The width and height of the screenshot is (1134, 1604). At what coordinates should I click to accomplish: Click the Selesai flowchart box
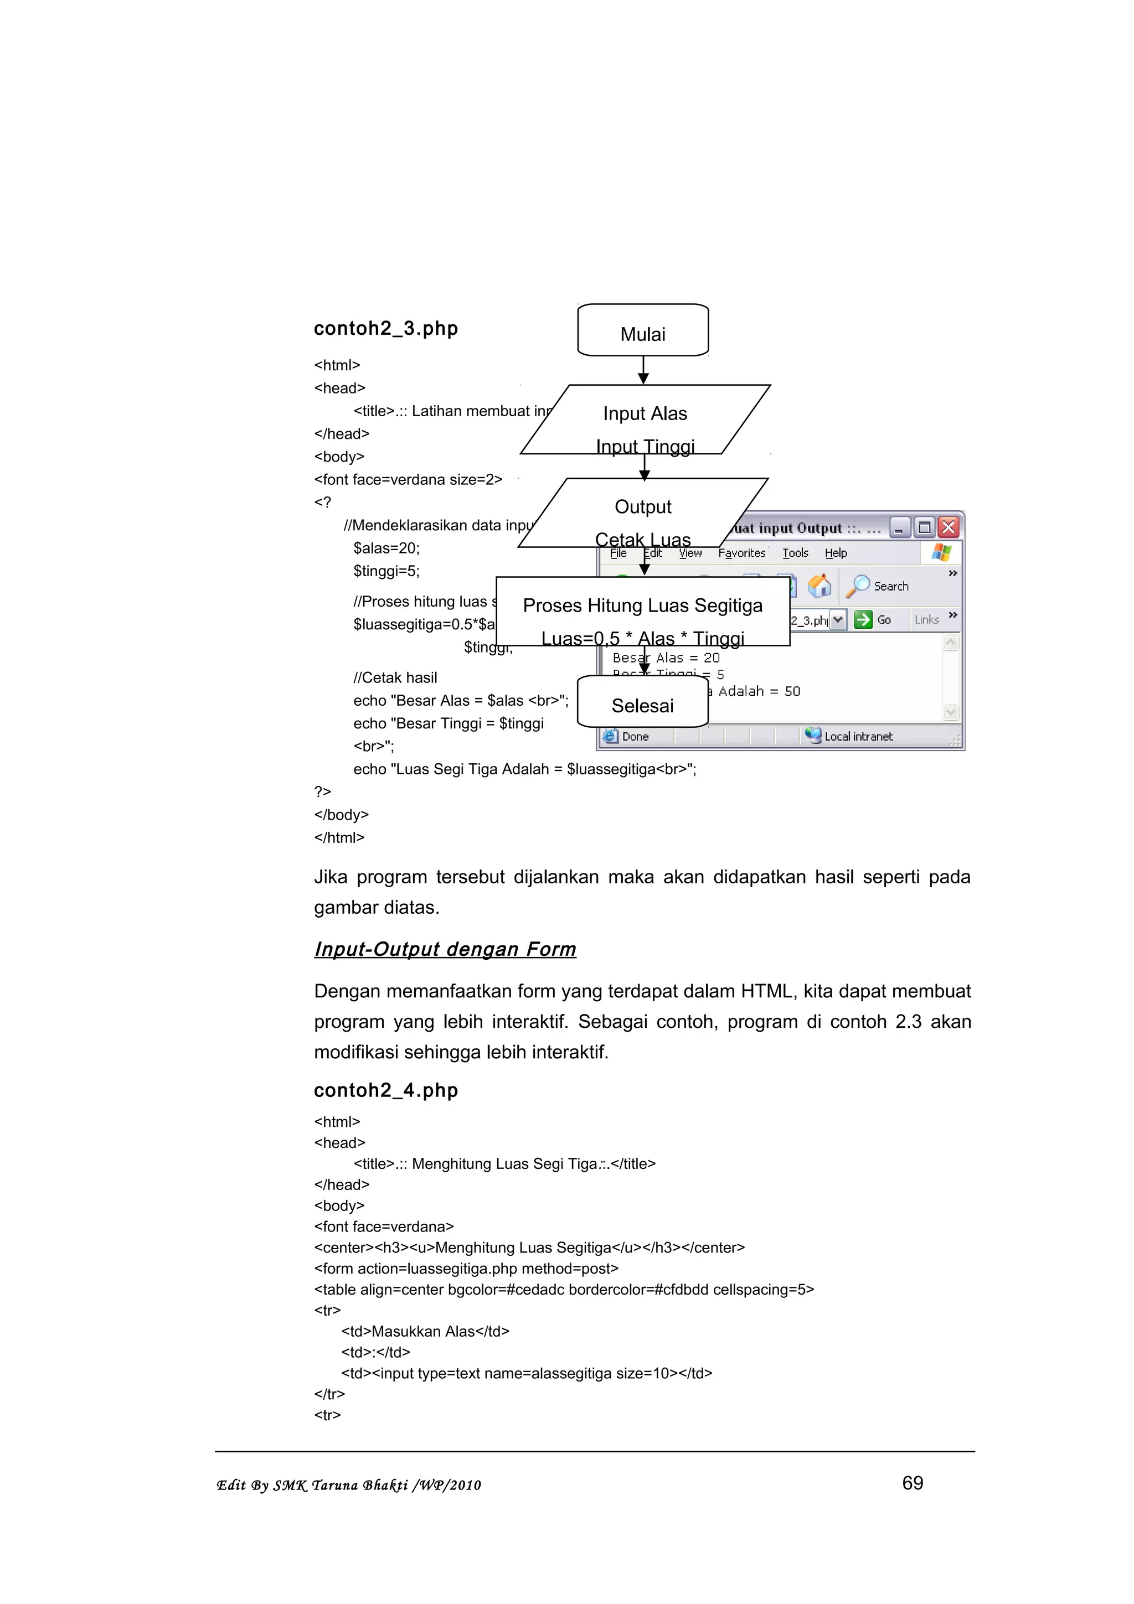click(x=642, y=703)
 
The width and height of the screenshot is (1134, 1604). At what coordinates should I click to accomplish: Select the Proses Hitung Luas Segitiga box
click(x=642, y=610)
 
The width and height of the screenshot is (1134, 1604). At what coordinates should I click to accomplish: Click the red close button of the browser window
click(x=948, y=527)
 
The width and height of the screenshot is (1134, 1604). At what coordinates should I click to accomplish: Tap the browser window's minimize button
click(x=899, y=527)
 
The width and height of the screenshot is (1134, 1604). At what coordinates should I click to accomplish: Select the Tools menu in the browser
click(x=795, y=552)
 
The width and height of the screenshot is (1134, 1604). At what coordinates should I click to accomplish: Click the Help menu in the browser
click(x=836, y=552)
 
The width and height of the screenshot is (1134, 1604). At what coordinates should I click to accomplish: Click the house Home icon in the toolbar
click(x=819, y=586)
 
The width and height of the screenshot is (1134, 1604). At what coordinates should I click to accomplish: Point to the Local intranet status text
click(x=858, y=736)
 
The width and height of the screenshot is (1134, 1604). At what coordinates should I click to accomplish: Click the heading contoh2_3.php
click(x=386, y=328)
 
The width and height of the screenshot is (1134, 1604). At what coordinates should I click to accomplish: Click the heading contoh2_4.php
click(x=386, y=1090)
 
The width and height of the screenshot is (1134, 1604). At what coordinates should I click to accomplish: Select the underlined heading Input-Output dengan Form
click(x=445, y=949)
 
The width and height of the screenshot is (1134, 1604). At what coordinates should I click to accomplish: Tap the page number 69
click(x=913, y=1482)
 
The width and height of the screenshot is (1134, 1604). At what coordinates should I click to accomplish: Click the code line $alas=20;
click(x=386, y=548)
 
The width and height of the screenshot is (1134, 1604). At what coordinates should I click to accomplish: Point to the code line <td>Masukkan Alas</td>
click(x=425, y=1331)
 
